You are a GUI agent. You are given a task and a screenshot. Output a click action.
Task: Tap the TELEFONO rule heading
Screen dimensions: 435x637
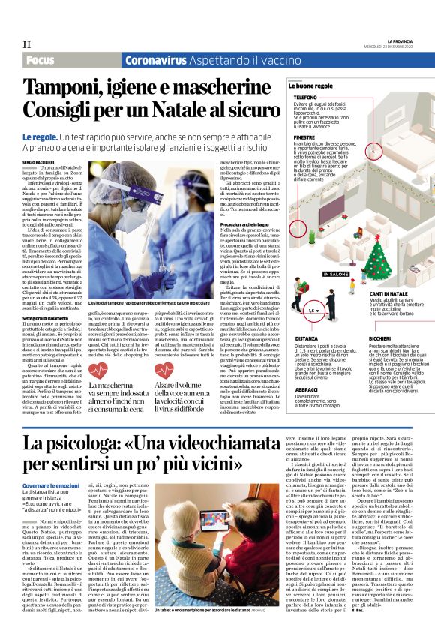click(x=305, y=98)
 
